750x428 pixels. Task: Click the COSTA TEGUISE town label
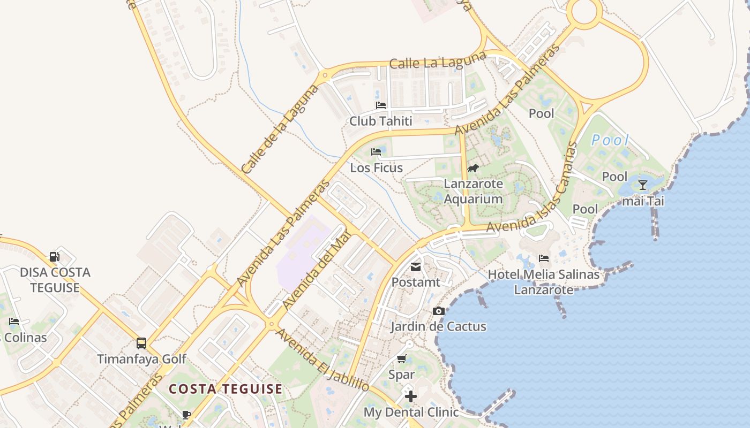click(x=226, y=389)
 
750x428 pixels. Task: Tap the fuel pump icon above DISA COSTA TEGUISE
click(x=55, y=257)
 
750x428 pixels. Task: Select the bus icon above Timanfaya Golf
click(x=141, y=343)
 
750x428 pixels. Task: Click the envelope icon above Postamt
click(x=416, y=266)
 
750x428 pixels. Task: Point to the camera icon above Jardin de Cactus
click(x=438, y=311)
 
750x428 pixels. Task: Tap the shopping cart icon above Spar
click(x=402, y=359)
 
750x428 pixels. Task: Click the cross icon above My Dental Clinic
click(x=411, y=396)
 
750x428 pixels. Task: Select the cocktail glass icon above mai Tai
click(x=643, y=185)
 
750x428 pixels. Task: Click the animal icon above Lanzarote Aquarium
click(x=473, y=169)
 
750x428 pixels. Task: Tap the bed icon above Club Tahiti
click(x=381, y=105)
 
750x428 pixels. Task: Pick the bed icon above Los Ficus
click(x=376, y=152)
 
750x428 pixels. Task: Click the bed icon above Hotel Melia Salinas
click(x=544, y=258)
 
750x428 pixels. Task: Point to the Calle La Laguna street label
click(x=438, y=60)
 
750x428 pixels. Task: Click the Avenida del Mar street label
click(x=316, y=270)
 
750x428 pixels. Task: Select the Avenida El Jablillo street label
click(x=322, y=360)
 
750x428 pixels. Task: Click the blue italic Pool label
click(x=610, y=141)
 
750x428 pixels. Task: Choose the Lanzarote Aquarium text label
click(x=474, y=192)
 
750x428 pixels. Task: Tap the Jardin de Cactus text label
click(x=438, y=326)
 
